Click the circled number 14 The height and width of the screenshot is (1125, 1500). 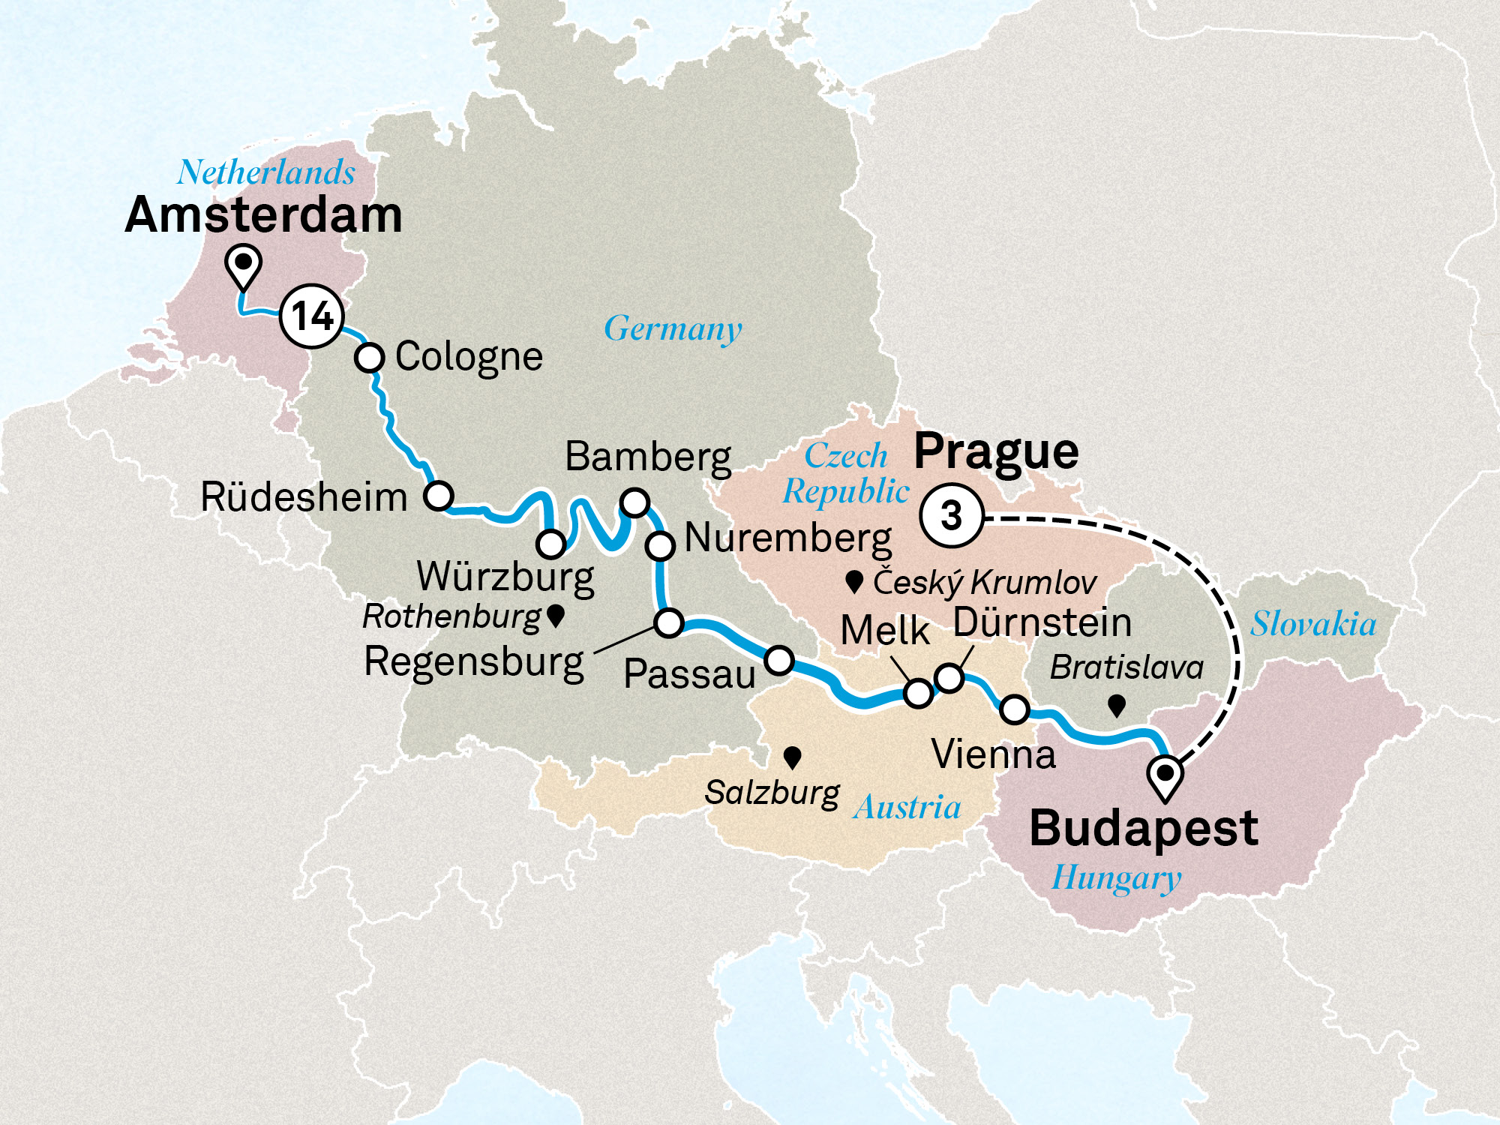311,316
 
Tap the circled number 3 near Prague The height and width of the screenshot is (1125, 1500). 951,516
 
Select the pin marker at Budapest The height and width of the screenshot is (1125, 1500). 1165,775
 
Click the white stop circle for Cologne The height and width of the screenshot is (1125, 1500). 369,358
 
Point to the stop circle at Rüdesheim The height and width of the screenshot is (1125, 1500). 439,496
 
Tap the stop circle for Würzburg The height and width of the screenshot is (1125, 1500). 551,543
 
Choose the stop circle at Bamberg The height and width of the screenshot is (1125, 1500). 634,502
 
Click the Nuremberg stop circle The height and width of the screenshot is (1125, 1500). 660,545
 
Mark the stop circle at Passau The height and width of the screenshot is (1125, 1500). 779,660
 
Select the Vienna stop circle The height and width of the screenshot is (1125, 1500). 1015,709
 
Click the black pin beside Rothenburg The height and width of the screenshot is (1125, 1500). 556,616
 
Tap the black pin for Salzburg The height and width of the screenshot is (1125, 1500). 792,757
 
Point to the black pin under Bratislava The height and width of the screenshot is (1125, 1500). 1117,704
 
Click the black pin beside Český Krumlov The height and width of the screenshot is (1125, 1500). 853,581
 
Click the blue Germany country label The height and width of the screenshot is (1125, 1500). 673,328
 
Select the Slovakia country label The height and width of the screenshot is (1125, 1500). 1312,624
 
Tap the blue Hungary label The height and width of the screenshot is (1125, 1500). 1115,877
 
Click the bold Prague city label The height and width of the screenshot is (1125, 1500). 996,451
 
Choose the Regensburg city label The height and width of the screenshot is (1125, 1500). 474,661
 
